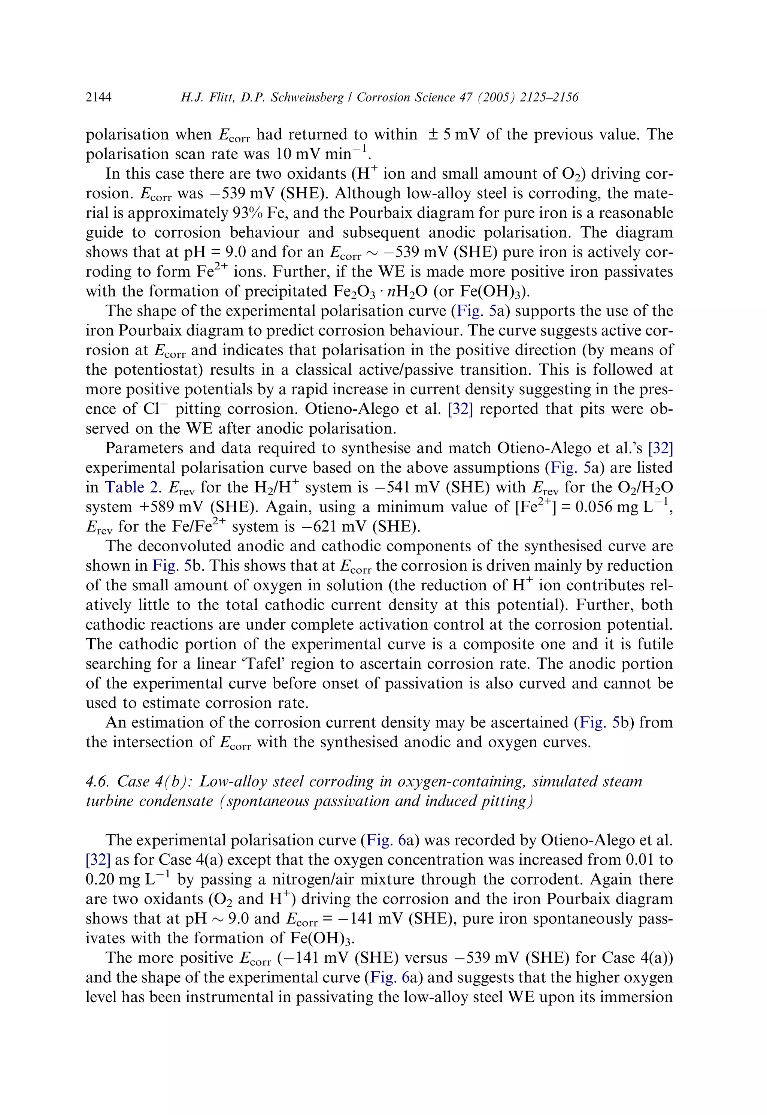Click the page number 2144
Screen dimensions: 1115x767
click(x=98, y=97)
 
